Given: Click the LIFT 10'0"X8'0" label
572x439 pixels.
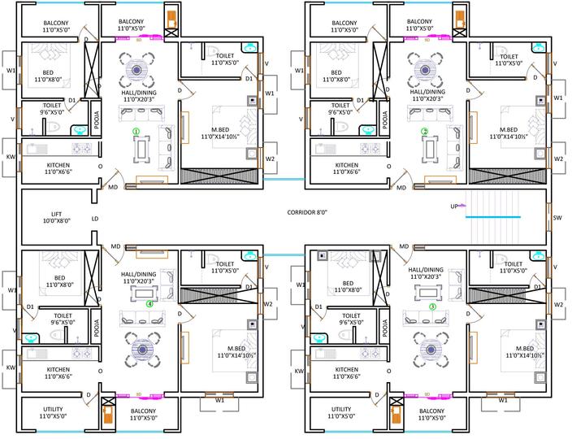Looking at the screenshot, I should coord(57,216).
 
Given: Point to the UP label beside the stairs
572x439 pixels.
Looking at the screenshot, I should coord(454,206).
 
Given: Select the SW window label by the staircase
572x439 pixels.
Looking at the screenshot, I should coord(557,218).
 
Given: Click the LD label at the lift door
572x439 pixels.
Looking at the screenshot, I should coord(95,219).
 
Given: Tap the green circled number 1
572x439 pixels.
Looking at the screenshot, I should coord(137,130).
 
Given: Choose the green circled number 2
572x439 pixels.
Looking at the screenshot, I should coord(424,130).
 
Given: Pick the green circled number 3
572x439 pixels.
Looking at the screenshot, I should coord(432,306).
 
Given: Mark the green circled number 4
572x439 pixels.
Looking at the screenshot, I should coord(149,303).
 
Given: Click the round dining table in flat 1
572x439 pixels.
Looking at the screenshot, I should coord(138,68).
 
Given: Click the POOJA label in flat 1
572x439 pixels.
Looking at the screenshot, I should coord(97,120).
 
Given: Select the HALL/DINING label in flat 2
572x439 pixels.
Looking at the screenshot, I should coord(427,96).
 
